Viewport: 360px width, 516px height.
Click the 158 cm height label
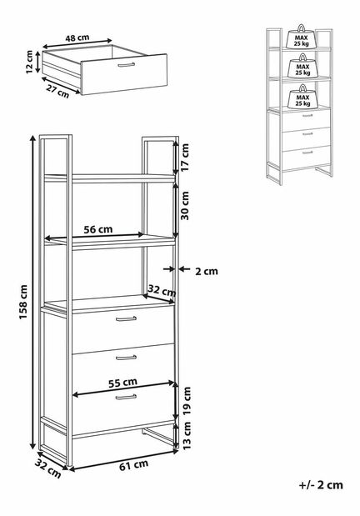(x=23, y=302)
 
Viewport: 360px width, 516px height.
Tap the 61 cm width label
(x=133, y=465)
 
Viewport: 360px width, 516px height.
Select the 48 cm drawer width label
(x=77, y=38)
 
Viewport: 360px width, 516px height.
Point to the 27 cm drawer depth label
(x=58, y=92)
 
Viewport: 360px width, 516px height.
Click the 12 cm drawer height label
(x=29, y=62)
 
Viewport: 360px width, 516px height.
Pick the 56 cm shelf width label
(x=97, y=229)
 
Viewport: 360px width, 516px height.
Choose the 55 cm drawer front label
(x=122, y=383)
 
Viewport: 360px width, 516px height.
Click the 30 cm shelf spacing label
(x=185, y=205)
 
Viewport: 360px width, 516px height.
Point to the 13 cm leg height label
(x=187, y=436)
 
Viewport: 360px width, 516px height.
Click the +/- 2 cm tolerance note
(x=321, y=484)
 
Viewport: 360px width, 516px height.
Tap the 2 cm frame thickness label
(x=207, y=271)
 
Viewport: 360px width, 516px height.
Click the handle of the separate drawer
(x=127, y=65)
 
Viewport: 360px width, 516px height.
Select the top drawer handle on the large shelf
(x=126, y=318)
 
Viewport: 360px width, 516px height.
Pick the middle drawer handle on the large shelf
(x=126, y=358)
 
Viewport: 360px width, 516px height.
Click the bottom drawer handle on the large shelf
(x=126, y=397)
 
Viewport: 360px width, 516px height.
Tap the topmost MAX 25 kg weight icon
(x=302, y=37)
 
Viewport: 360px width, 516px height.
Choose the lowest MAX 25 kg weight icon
(x=302, y=97)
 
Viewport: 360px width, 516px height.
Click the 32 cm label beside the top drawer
(x=161, y=291)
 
